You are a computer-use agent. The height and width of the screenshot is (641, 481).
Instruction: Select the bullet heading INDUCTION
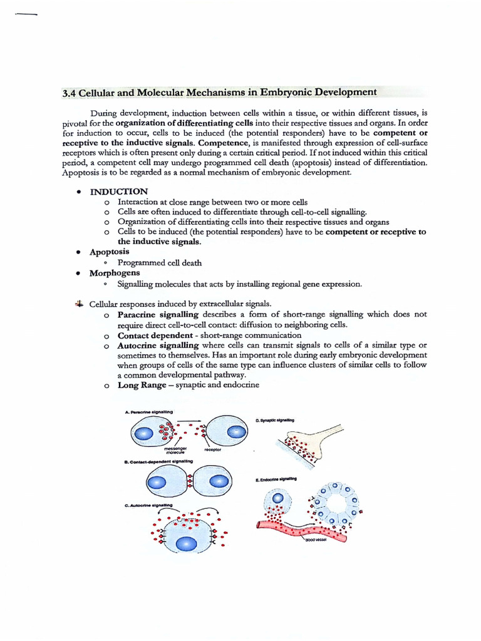coord(119,192)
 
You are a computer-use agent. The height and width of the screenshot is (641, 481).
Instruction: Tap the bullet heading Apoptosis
coord(110,252)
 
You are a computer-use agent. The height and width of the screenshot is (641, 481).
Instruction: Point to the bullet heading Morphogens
coord(115,273)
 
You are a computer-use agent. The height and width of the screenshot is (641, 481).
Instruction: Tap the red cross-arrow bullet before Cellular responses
coord(79,304)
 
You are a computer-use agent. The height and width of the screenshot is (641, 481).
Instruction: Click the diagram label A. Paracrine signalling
coord(149,412)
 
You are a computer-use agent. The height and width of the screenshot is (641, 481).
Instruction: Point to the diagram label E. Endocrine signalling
coord(276,479)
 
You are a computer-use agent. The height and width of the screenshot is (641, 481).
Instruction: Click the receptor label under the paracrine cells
coord(213,449)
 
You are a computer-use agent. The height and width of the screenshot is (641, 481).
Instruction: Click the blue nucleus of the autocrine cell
coord(187,543)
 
